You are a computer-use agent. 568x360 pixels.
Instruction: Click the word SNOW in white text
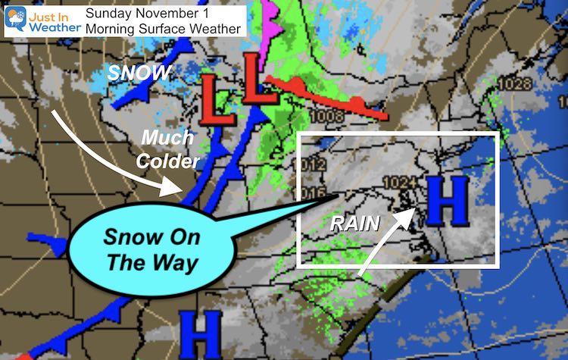pos(140,72)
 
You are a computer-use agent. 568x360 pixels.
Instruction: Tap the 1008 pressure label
pos(326,116)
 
